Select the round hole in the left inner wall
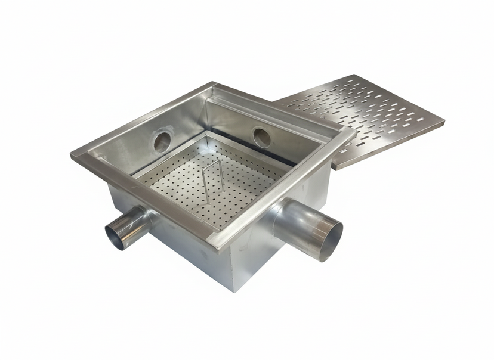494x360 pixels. point(161,141)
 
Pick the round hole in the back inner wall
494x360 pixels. point(261,136)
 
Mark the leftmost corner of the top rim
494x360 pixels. point(72,156)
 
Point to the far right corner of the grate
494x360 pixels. point(443,124)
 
